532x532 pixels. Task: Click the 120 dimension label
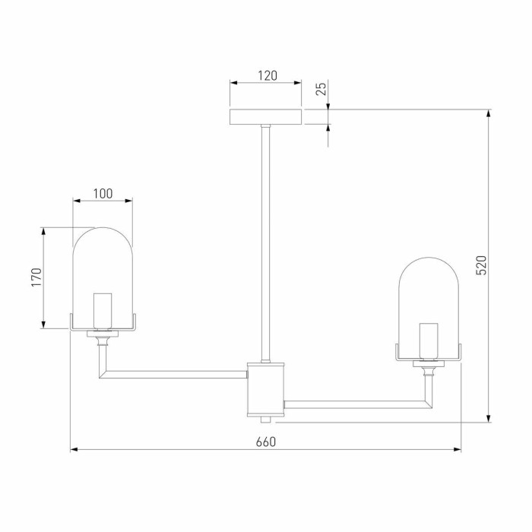[x=268, y=76]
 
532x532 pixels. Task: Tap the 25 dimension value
[x=321, y=89]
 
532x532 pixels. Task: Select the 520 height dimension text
[x=481, y=265]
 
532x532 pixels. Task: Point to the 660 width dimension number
[x=266, y=442]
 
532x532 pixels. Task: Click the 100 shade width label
[x=103, y=194]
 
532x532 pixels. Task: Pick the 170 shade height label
[x=36, y=277]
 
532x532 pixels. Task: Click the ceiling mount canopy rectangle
[x=266, y=117]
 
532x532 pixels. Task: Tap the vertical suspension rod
[x=266, y=243]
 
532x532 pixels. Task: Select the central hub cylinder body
[x=266, y=389]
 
